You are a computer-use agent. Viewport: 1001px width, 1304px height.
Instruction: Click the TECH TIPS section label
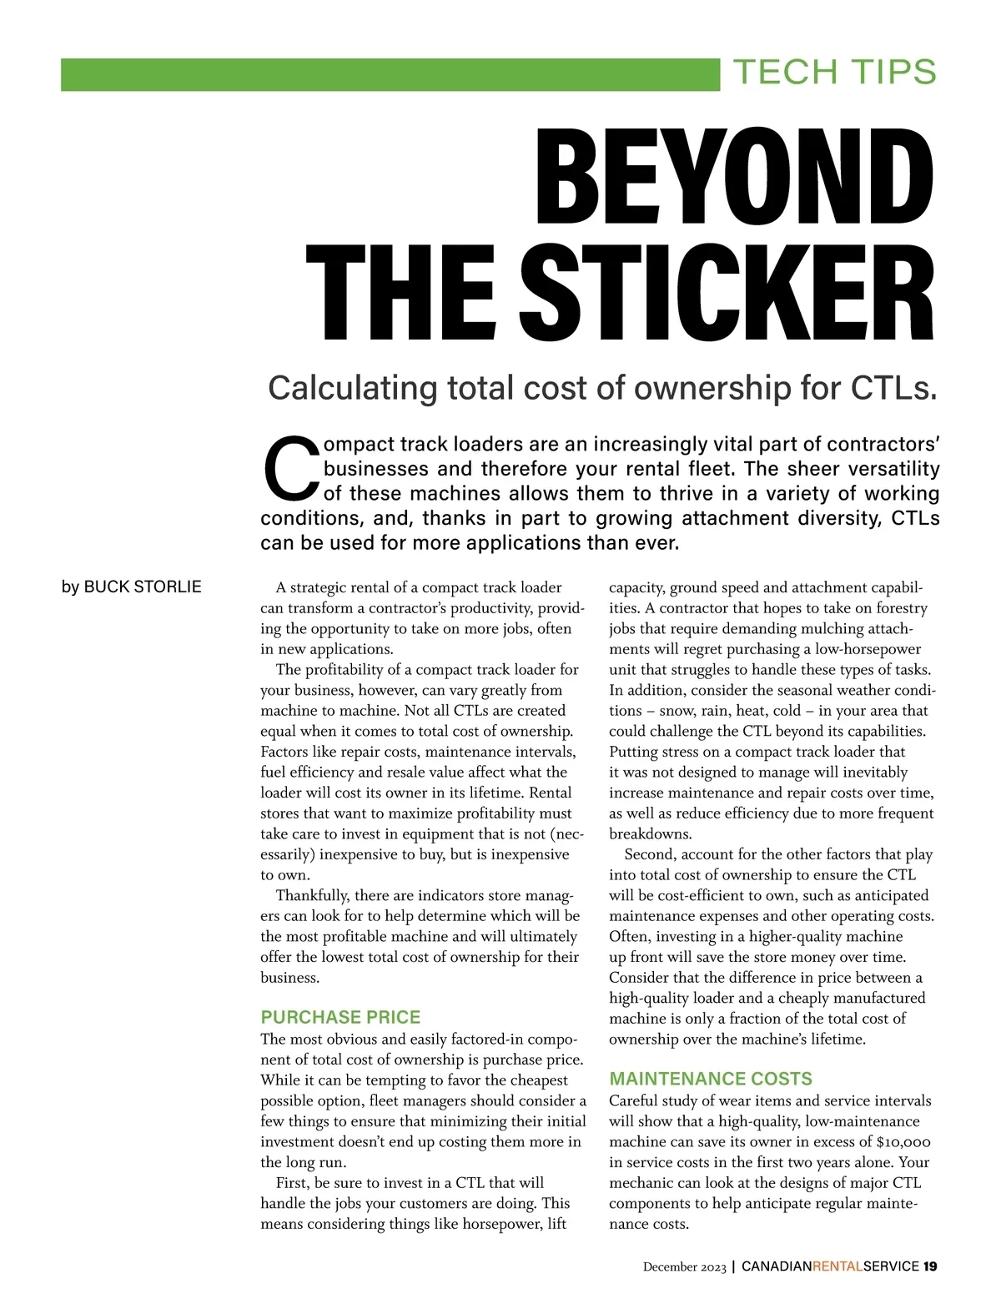(834, 73)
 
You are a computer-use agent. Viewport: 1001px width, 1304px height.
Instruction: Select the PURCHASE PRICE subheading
(340, 1017)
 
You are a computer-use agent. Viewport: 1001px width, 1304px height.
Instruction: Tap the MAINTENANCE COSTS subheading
(710, 1079)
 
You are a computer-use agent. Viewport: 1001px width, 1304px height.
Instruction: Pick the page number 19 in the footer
(930, 1266)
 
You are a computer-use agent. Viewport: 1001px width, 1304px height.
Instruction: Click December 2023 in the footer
(684, 1267)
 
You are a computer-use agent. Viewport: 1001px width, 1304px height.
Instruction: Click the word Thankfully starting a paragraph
(313, 896)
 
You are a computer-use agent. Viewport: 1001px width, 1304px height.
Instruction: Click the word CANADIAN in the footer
(777, 1266)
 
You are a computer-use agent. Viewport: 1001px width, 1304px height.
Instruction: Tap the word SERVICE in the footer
(892, 1266)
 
